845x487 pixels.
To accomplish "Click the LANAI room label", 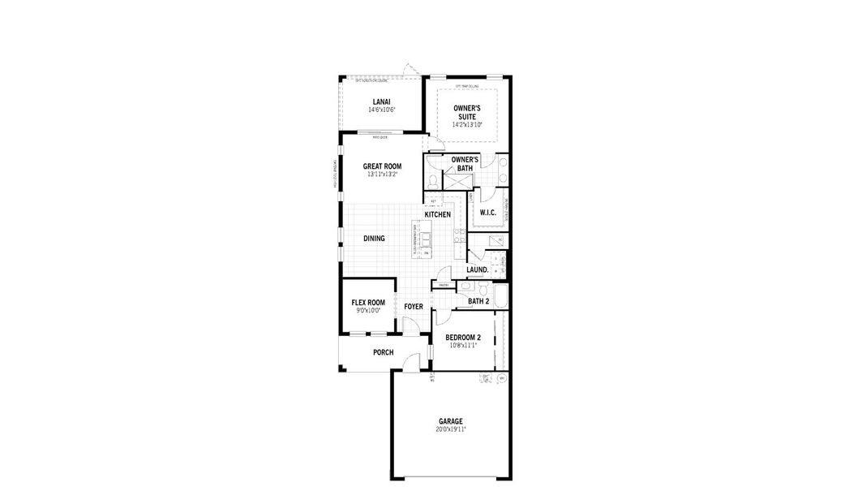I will tap(380, 101).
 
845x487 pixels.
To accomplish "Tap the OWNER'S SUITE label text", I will tap(466, 112).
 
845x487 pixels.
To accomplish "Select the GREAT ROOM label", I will tap(382, 166).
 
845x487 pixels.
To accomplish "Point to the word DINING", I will tap(374, 239).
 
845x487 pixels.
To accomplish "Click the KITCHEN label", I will tap(438, 215).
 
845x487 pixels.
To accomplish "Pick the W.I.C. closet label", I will tap(487, 213).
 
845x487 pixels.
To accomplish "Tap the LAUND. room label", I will tap(477, 269).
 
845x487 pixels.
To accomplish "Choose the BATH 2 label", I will tap(478, 301).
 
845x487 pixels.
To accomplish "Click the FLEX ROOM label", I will tap(368, 302).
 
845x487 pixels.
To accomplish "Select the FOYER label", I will tap(414, 307).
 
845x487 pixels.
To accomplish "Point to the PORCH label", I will tap(383, 352).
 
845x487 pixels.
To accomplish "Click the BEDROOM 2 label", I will tap(463, 338).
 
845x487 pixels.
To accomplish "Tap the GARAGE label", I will tap(451, 421).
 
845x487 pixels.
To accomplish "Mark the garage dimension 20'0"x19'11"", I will tap(451, 429).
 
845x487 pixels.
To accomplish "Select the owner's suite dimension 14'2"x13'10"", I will tap(466, 125).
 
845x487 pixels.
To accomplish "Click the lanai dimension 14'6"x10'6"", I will tap(380, 110).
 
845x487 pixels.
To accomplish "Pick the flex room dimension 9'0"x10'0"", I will tap(368, 310).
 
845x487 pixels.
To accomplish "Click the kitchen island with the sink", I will tap(423, 241).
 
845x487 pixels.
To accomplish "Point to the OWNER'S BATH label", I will tap(465, 164).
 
